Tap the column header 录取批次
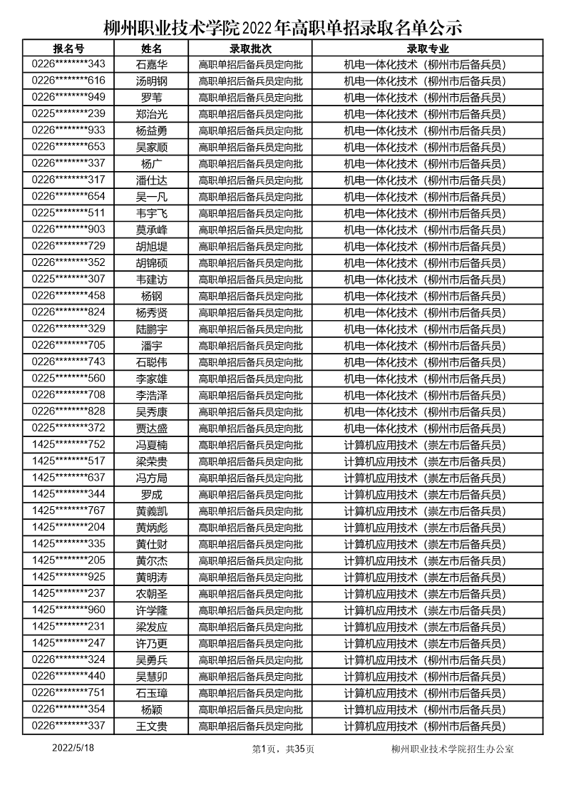pos(250,48)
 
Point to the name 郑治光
pos(151,114)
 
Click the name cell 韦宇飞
pos(151,213)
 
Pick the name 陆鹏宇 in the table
pos(151,329)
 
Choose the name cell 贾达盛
pos(151,428)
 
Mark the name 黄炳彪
pos(151,527)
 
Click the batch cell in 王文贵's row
pos(250,726)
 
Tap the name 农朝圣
pos(151,593)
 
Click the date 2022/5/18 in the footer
pos(73,748)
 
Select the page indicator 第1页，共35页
pos(283,749)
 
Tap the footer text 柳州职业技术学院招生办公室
pos(453,749)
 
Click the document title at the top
pos(283,27)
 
